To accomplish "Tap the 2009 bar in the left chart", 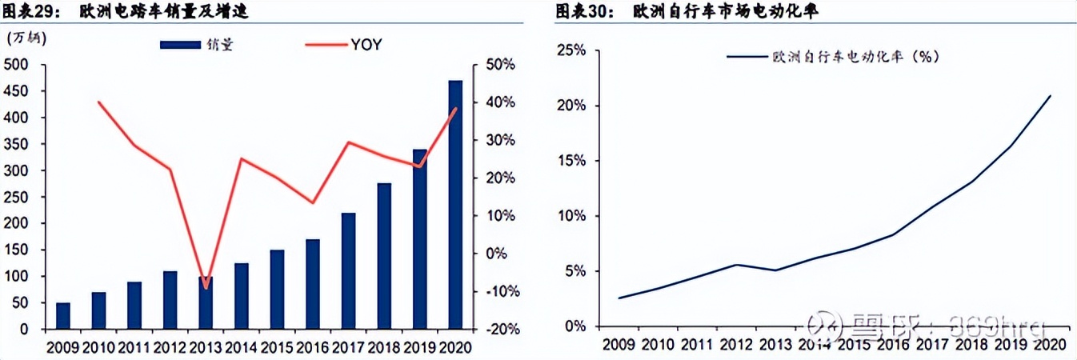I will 63,316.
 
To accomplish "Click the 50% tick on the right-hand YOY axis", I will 499,64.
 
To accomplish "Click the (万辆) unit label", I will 27,37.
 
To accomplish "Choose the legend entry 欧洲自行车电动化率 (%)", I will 832,57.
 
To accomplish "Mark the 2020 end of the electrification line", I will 1050,96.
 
